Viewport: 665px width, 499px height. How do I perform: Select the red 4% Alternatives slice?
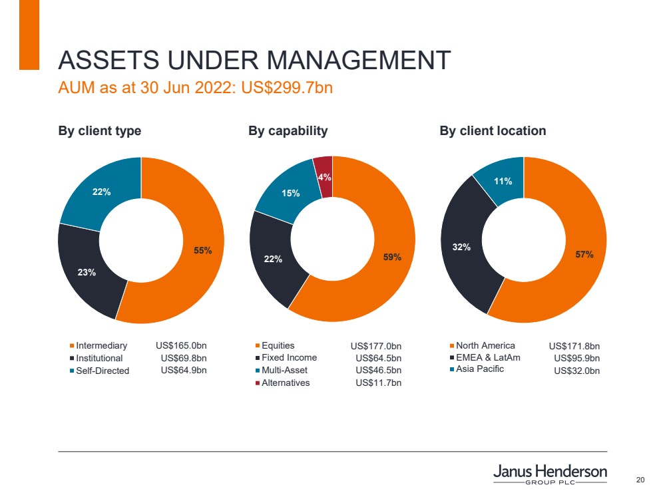tap(324, 176)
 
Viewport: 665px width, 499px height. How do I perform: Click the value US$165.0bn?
tap(181, 346)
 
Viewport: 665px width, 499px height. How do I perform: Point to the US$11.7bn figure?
tap(379, 383)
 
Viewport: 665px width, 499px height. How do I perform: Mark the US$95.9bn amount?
tap(577, 359)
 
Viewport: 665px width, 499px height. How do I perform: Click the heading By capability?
tap(288, 131)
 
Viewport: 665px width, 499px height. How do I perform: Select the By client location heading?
tap(493, 131)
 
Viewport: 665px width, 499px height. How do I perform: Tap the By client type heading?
tap(100, 131)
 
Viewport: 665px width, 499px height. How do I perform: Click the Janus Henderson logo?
tap(550, 474)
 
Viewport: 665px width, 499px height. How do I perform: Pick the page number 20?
tap(641, 480)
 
